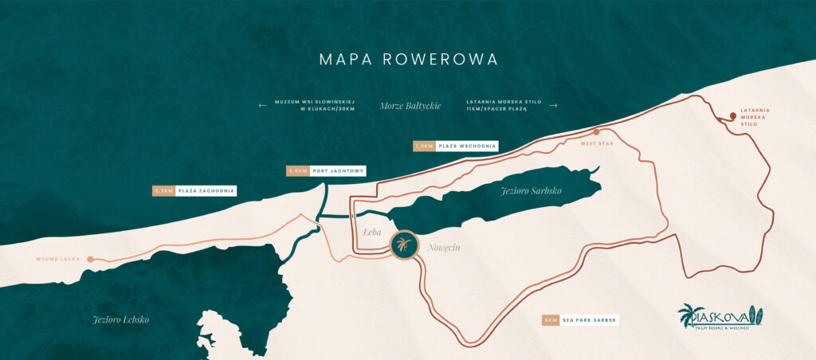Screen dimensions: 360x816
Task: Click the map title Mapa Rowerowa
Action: [408, 60]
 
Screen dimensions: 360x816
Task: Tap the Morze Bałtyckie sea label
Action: [410, 105]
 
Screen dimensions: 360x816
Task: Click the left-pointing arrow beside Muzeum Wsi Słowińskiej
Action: [262, 105]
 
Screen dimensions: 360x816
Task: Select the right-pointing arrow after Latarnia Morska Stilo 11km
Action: [554, 105]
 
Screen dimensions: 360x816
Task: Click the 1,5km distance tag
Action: [424, 146]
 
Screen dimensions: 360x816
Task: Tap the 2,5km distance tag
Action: [297, 170]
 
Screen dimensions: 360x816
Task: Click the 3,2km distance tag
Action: [163, 191]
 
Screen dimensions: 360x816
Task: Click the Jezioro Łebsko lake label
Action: [120, 319]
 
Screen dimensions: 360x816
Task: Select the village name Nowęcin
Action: [443, 248]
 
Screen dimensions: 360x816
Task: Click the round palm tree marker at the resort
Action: [405, 245]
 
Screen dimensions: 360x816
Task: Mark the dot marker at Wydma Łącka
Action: [91, 259]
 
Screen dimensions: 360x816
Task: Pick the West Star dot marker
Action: [596, 132]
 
